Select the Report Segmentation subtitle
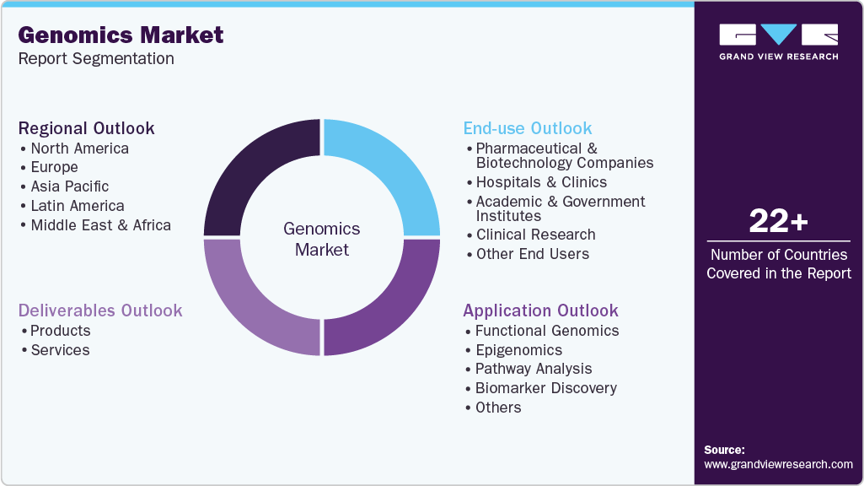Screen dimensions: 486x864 pyautogui.click(x=95, y=59)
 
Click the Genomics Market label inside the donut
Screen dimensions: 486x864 pyautogui.click(x=321, y=239)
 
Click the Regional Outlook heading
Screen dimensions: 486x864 pyautogui.click(x=86, y=128)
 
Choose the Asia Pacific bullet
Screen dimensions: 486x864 pyautogui.click(x=69, y=186)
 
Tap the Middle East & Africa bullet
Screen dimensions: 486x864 pyautogui.click(x=100, y=225)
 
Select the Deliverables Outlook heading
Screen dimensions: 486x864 pyautogui.click(x=100, y=310)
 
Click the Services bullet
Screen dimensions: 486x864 pyautogui.click(x=60, y=350)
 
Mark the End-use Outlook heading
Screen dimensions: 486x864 pyautogui.click(x=528, y=128)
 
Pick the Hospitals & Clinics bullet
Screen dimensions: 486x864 pyautogui.click(x=540, y=182)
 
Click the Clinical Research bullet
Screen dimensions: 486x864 pyautogui.click(x=535, y=235)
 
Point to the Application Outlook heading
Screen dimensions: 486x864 pyautogui.click(x=540, y=310)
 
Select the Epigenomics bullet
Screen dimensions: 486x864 pyautogui.click(x=518, y=350)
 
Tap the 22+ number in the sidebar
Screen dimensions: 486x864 pyautogui.click(x=778, y=222)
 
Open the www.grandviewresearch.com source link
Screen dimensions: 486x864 pyautogui.click(x=778, y=464)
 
